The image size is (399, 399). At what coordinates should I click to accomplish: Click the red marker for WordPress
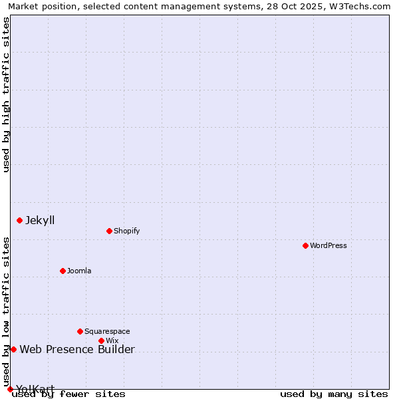(x=305, y=245)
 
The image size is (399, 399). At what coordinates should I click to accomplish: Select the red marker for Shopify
(x=109, y=231)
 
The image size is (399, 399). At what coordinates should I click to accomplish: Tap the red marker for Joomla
(x=63, y=271)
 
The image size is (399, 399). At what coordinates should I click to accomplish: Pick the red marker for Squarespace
(x=80, y=331)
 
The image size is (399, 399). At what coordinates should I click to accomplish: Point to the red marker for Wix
(x=101, y=340)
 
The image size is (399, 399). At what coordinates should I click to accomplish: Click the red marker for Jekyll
(x=19, y=220)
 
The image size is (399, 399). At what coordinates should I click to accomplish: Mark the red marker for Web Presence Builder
(x=13, y=349)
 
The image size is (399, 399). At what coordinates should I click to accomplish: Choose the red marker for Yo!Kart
(x=10, y=389)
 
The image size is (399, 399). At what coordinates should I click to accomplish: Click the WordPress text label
(x=329, y=245)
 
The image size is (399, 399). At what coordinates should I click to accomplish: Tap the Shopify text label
(x=126, y=231)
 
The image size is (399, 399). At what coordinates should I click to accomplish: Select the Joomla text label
(x=79, y=271)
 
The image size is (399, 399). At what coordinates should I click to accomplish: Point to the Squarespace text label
(x=107, y=331)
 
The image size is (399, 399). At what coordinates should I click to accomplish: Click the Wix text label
(x=112, y=340)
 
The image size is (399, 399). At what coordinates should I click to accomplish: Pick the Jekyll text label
(x=40, y=220)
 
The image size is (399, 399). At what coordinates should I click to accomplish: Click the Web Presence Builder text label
(x=77, y=349)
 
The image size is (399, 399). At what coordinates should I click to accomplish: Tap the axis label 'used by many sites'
(x=334, y=394)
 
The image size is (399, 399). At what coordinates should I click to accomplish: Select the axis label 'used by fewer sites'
(x=69, y=394)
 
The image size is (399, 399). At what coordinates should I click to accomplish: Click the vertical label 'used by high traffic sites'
(x=7, y=94)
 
